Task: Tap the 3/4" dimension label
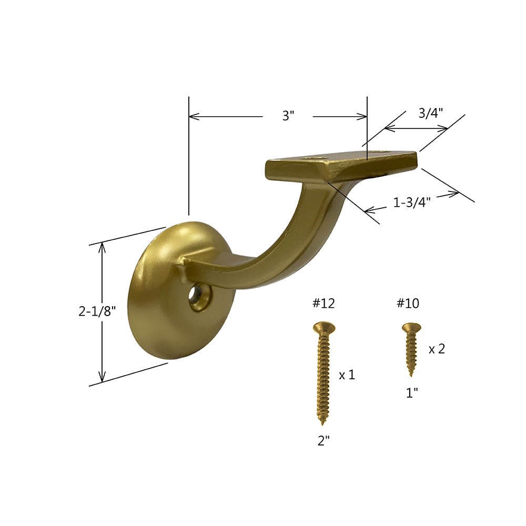tap(430, 113)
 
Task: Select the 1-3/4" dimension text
tap(412, 202)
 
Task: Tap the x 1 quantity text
tap(347, 375)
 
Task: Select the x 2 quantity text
tap(437, 349)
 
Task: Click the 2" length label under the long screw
tap(323, 441)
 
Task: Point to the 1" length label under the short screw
tap(411, 393)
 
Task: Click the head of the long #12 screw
tap(323, 328)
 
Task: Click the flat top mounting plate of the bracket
tap(342, 164)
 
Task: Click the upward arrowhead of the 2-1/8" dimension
tap(102, 247)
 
